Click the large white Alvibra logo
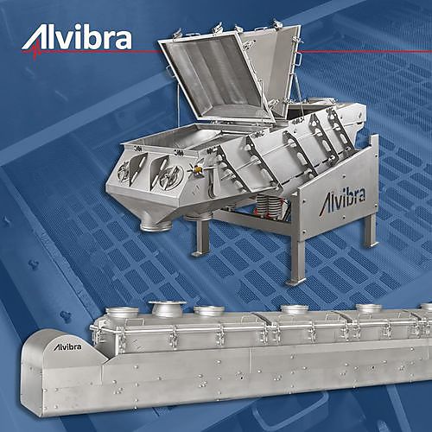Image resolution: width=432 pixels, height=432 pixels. tap(77, 41)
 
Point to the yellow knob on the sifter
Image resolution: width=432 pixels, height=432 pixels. tap(198, 169)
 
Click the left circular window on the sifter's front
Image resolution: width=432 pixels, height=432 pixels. tap(124, 173)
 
